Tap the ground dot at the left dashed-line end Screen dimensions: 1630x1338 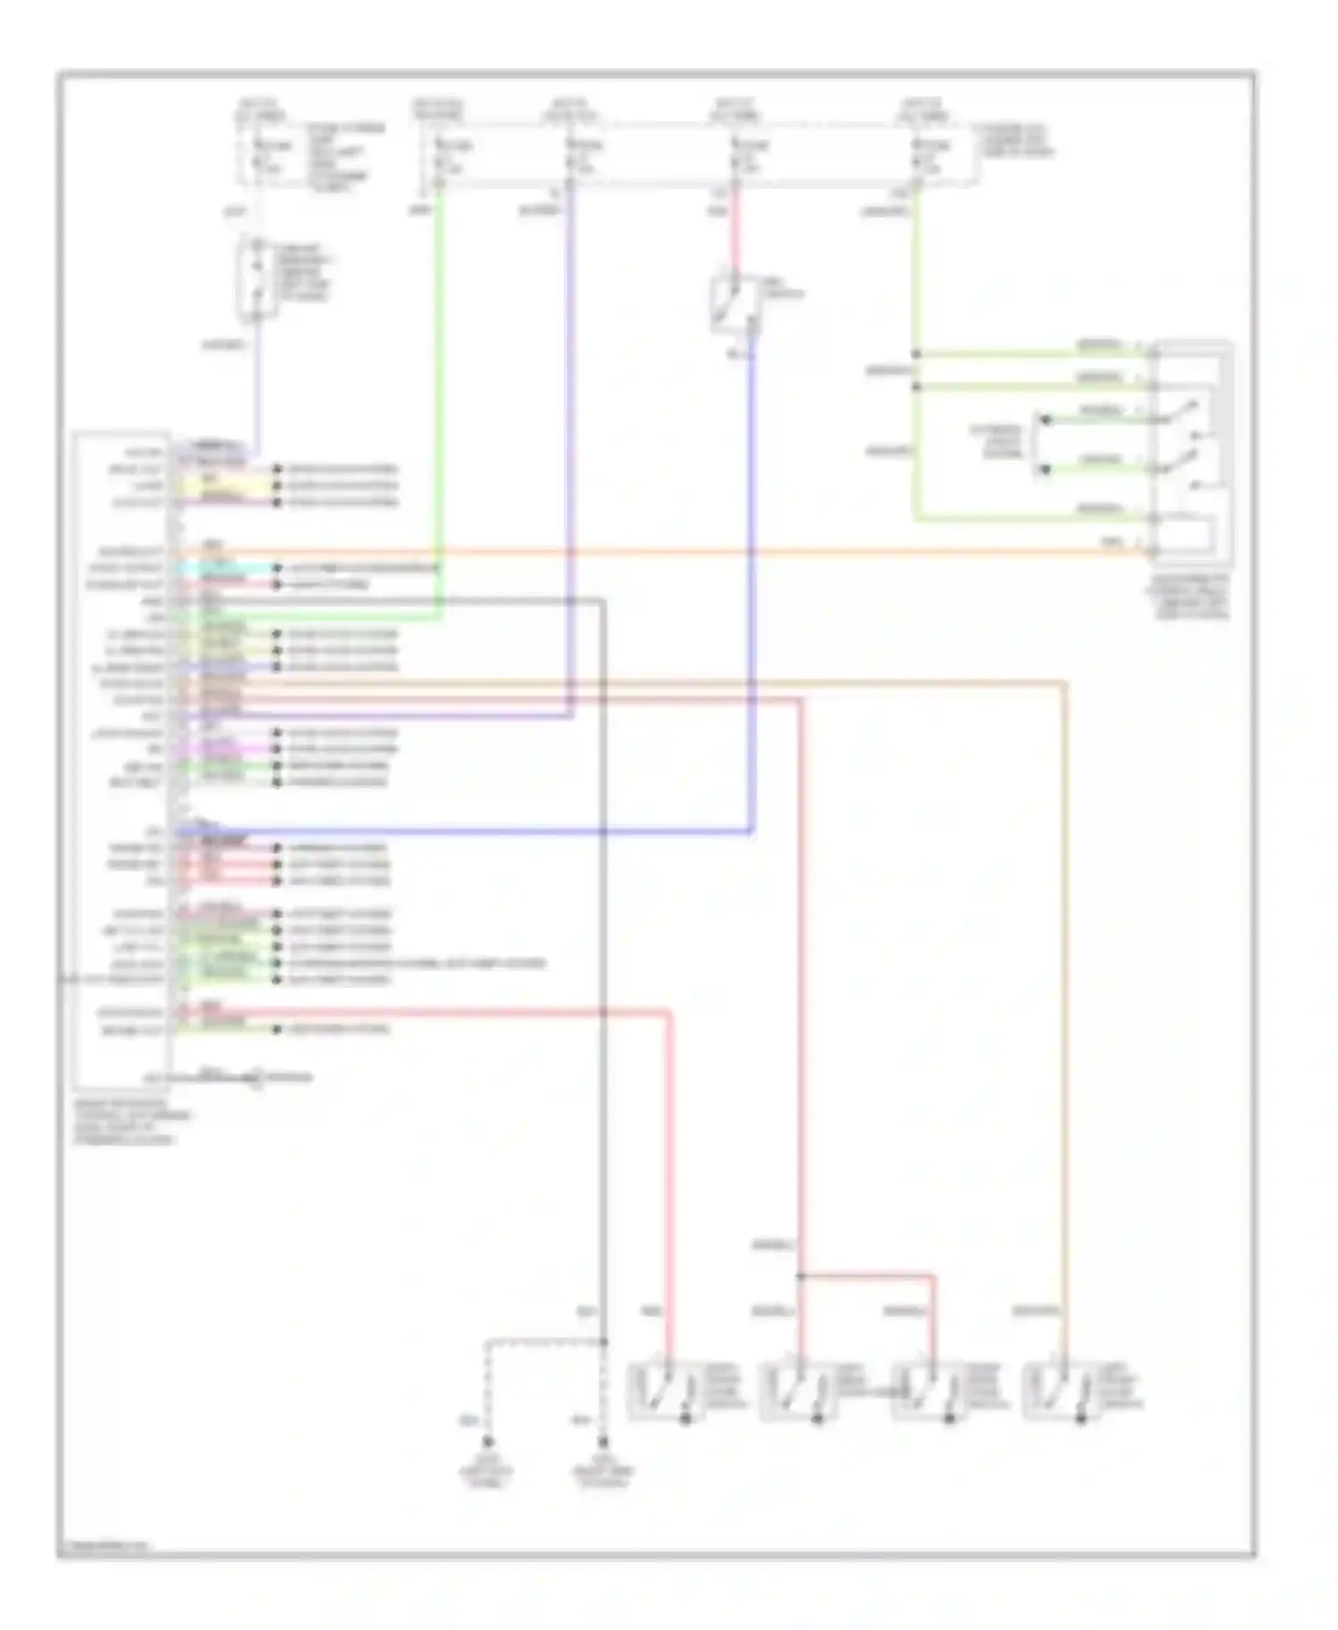pos(487,1442)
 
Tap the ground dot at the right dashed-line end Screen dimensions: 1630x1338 pos(604,1442)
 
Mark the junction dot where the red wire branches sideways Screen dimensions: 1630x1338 pos(800,1277)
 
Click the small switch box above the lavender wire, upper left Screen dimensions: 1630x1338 pos(257,279)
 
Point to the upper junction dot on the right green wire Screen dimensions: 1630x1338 pos(915,355)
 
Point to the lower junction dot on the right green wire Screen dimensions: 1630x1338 pos(915,387)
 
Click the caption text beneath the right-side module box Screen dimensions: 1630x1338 pos(1192,596)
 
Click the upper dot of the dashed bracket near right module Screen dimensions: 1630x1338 pos(1045,418)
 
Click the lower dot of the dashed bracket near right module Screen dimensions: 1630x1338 pos(1045,469)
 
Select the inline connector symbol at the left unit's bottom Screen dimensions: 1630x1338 pos(256,1079)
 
